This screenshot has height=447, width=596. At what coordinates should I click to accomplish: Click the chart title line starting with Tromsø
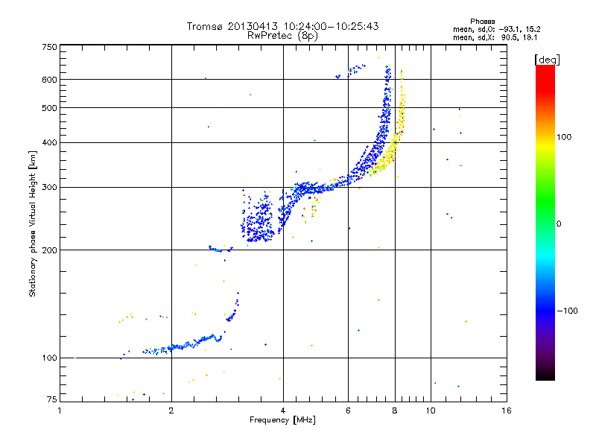tap(282, 26)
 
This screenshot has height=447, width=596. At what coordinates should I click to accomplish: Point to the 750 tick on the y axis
tap(49, 47)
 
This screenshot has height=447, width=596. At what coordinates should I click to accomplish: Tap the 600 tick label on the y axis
tap(49, 80)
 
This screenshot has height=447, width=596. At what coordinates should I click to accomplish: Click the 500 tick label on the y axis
tap(49, 108)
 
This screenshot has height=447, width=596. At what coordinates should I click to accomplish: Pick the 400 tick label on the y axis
tap(49, 142)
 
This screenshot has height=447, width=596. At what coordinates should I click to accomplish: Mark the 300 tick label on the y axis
tap(49, 187)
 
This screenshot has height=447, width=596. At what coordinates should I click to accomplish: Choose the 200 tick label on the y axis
tap(49, 250)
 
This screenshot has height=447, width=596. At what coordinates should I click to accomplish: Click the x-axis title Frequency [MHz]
tap(283, 421)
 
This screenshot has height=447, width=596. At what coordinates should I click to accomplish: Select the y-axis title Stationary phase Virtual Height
tap(33, 223)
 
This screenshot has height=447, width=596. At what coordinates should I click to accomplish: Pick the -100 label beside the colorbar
tap(568, 310)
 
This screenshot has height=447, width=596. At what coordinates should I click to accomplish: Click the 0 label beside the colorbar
tap(559, 223)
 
